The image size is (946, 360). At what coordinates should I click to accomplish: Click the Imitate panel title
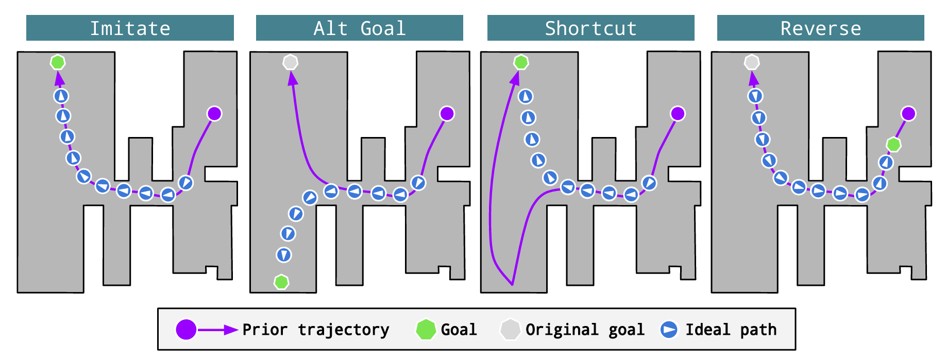[x=130, y=28]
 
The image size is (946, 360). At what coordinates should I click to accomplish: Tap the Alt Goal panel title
[x=360, y=28]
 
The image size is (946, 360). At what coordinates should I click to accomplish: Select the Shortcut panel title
[x=590, y=28]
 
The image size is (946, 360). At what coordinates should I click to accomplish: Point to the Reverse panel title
[x=820, y=28]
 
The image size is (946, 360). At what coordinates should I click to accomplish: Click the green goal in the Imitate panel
[x=58, y=62]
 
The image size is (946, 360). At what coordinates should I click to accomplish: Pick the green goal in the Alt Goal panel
[x=281, y=282]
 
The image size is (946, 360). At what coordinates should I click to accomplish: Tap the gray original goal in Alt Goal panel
[x=291, y=62]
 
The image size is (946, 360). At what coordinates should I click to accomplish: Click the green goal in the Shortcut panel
[x=521, y=62]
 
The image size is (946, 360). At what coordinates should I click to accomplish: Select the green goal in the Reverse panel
[x=893, y=145]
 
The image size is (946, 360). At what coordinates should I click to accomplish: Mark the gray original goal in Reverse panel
[x=752, y=62]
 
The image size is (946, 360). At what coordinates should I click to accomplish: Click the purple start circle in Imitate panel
[x=214, y=113]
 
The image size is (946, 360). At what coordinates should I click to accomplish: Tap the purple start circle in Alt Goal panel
[x=447, y=113]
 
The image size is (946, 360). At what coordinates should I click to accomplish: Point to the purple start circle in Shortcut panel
[x=678, y=113]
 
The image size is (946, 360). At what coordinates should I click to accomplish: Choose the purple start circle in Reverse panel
[x=908, y=113]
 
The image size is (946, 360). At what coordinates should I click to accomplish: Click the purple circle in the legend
[x=186, y=330]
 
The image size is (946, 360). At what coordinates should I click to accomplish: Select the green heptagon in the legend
[x=426, y=330]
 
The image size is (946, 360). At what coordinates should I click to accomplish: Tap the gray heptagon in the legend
[x=510, y=330]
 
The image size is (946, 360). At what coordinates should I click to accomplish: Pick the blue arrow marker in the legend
[x=669, y=330]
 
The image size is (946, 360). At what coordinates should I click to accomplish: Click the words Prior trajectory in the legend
[x=315, y=330]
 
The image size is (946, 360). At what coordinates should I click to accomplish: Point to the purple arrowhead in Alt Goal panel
[x=293, y=79]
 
